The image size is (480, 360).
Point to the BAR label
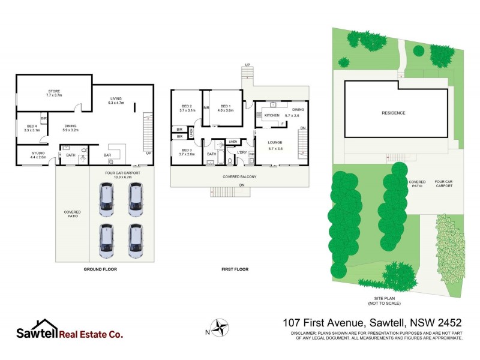coord(108,155)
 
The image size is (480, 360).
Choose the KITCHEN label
coord(272,115)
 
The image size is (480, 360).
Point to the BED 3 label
coord(185,151)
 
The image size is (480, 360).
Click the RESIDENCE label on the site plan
coord(394,113)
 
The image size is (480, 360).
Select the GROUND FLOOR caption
coord(100,269)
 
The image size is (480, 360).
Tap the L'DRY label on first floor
coord(242,152)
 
